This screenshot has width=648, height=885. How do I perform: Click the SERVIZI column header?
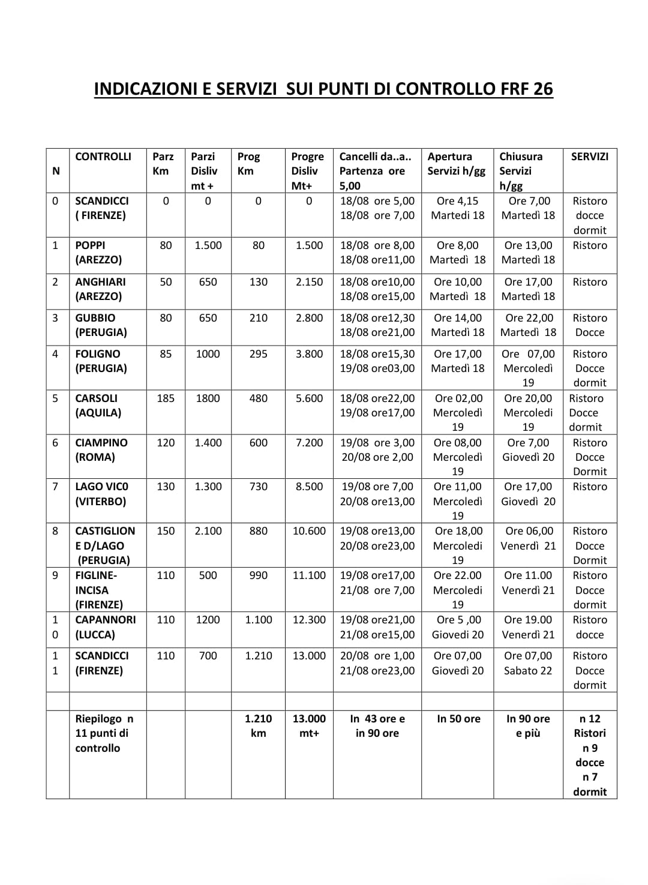click(x=589, y=157)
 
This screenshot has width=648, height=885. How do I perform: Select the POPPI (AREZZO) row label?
click(x=98, y=253)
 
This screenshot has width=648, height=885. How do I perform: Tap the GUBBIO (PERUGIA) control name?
click(x=100, y=325)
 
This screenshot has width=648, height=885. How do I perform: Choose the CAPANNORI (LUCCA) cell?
click(x=105, y=627)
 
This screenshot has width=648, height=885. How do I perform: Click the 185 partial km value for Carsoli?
click(x=166, y=398)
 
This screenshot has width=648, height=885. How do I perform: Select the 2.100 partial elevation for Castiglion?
click(x=208, y=531)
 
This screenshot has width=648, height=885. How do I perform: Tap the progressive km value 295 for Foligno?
click(x=258, y=354)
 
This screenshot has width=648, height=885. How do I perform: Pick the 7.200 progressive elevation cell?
click(x=309, y=443)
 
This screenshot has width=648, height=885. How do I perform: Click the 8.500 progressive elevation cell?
click(x=309, y=487)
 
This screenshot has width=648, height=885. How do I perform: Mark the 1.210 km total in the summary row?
click(x=258, y=726)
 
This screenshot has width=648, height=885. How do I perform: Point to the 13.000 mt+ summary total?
click(x=309, y=726)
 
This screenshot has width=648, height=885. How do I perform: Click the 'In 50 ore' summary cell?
click(x=458, y=719)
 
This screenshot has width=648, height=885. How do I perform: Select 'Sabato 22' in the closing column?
click(x=528, y=671)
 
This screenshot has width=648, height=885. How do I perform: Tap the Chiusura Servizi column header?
click(x=521, y=171)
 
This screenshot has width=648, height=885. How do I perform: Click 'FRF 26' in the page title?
click(x=527, y=89)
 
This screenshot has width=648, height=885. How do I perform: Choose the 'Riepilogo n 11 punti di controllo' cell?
click(x=104, y=733)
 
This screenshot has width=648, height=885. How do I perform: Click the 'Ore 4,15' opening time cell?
click(x=458, y=201)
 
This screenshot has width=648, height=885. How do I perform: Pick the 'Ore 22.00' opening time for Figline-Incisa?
click(x=458, y=575)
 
